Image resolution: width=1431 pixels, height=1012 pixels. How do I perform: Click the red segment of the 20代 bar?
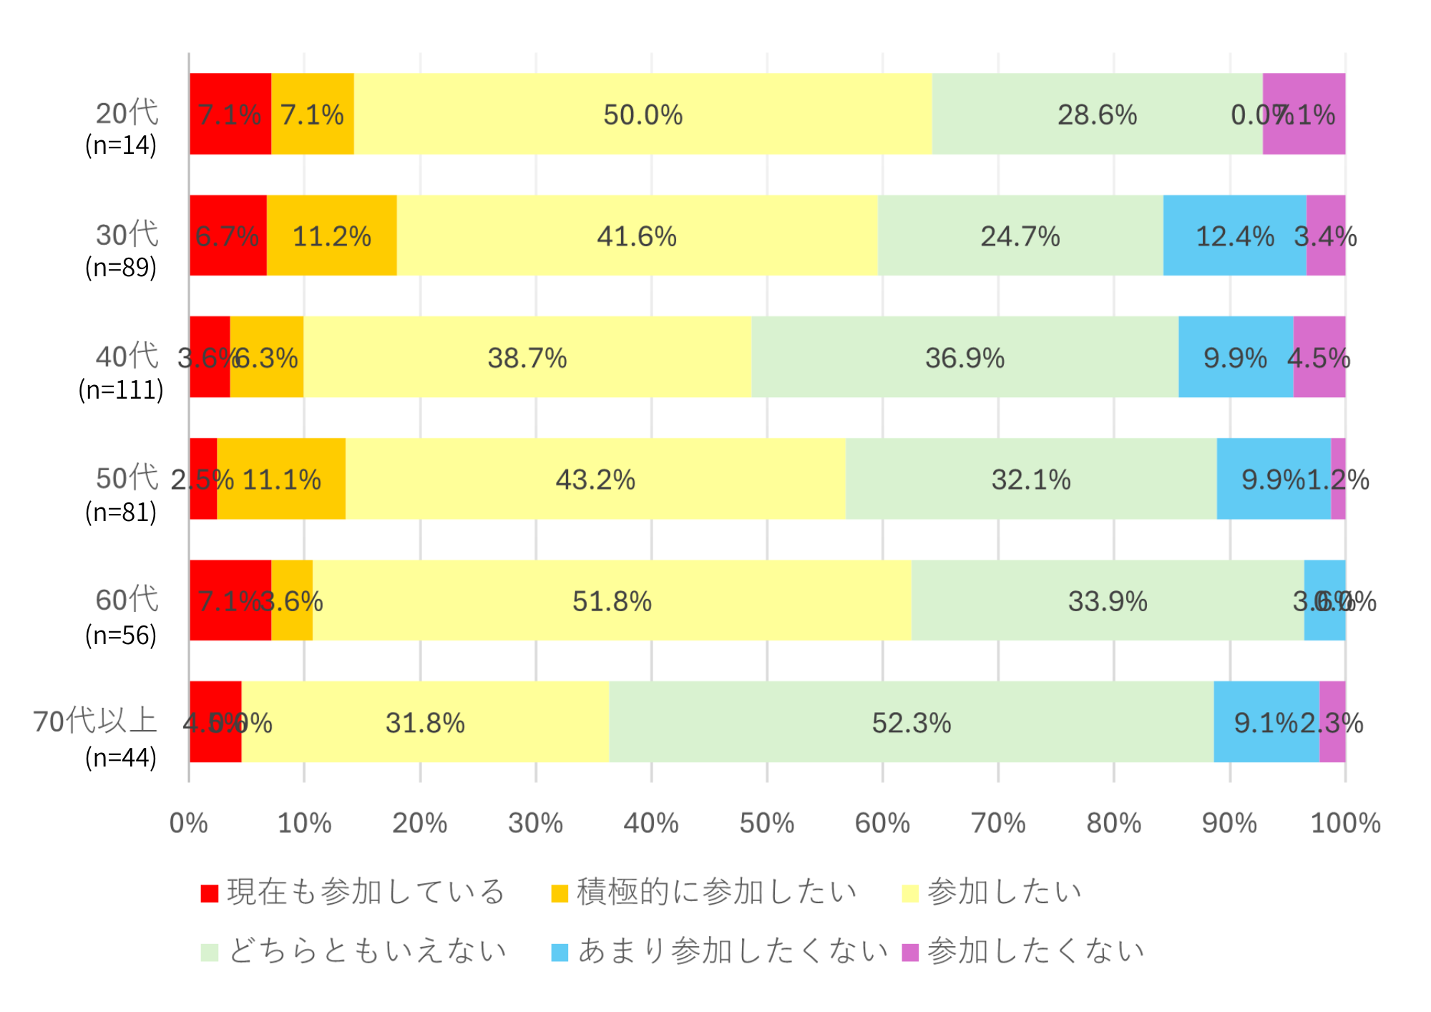click(230, 114)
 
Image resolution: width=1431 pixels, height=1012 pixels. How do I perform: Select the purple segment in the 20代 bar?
click(1304, 114)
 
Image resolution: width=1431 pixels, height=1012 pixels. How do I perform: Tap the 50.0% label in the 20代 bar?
click(643, 115)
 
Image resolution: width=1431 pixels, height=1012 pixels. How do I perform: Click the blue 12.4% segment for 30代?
click(1234, 235)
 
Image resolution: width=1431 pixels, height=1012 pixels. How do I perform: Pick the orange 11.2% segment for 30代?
click(331, 235)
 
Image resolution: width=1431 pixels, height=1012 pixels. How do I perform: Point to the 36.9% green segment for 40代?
click(964, 357)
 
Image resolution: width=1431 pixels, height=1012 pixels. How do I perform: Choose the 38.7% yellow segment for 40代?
click(527, 357)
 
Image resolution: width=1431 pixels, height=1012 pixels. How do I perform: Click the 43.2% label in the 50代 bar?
click(595, 480)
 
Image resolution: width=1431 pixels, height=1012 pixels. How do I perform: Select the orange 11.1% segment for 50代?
click(281, 479)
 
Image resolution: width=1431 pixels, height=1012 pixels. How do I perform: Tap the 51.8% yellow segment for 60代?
click(612, 600)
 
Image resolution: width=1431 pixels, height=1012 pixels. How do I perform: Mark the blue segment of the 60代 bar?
click(1324, 600)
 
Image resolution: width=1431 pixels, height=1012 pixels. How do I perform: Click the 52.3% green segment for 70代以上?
click(911, 722)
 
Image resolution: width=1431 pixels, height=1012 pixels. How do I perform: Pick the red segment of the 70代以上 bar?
click(215, 722)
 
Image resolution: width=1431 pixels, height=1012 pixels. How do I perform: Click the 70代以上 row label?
click(94, 721)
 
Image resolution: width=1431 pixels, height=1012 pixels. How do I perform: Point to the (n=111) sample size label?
click(121, 390)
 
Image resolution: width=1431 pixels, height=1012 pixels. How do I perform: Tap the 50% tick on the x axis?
click(766, 823)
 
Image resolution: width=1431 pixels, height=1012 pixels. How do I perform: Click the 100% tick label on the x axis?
click(1345, 823)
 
